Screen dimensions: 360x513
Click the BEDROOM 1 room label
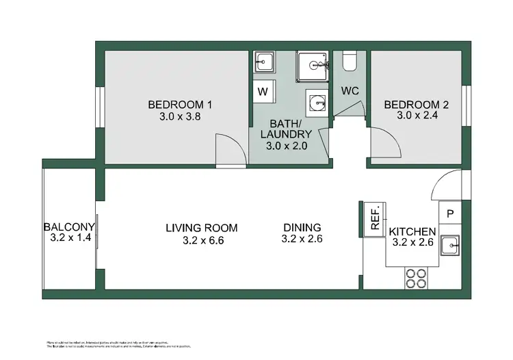[x=180, y=105]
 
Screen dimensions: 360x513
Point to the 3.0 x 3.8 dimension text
[x=180, y=116]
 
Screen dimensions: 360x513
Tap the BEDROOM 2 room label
[x=416, y=105]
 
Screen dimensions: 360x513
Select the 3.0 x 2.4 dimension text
[x=416, y=116]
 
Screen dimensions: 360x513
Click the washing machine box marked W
[x=262, y=91]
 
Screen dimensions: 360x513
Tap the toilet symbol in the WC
[x=350, y=62]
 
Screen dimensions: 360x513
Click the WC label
[x=350, y=91]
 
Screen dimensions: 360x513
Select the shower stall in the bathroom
[x=313, y=66]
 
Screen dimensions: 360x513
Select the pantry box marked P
[x=450, y=214]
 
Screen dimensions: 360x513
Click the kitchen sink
[x=451, y=245]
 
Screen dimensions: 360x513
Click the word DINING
[x=302, y=228]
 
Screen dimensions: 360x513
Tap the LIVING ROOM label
[x=201, y=228]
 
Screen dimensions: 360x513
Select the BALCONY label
[x=68, y=228]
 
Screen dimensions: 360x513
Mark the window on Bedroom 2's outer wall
[x=466, y=106]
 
